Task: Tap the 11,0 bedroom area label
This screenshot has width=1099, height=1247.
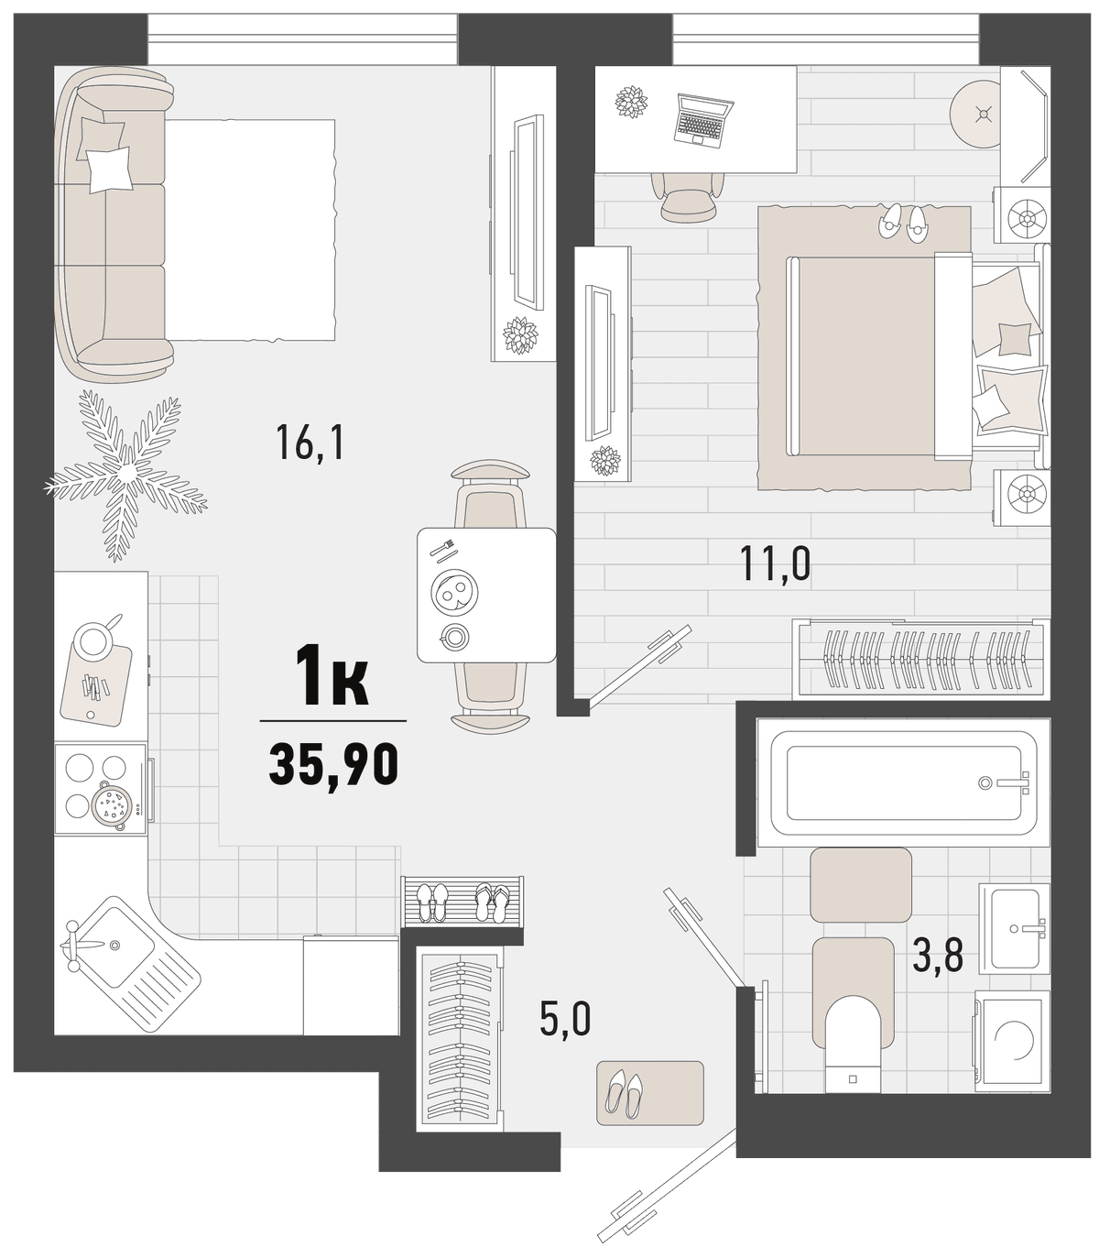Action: [776, 564]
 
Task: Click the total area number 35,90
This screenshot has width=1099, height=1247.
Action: [333, 764]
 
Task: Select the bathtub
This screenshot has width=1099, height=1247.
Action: [903, 782]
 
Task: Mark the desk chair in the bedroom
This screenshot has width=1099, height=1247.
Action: [689, 196]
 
